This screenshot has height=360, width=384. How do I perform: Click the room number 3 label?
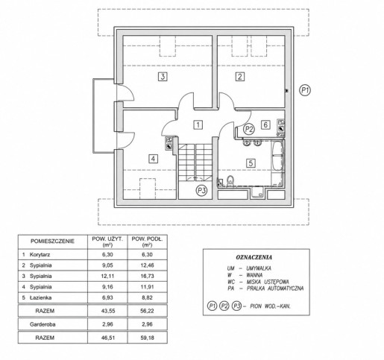pos(163,77)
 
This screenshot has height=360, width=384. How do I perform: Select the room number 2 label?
pos(240,77)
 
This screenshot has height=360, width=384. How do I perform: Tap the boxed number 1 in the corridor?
pos(198,124)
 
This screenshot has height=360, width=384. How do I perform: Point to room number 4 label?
pos(153,159)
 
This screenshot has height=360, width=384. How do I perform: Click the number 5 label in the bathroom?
pos(251,163)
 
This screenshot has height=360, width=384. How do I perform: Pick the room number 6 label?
pos(265,124)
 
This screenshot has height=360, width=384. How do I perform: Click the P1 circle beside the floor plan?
pos(305,90)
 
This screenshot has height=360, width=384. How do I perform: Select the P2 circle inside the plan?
pos(249,129)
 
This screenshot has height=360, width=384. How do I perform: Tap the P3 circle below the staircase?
pos(201,191)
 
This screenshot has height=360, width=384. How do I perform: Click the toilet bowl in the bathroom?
pos(230,180)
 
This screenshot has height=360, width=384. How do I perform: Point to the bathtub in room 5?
pos(277,156)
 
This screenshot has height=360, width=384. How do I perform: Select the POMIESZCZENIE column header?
pos(52,241)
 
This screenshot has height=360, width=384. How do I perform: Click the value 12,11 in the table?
pos(107,276)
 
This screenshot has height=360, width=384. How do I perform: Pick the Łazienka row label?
pos(41,297)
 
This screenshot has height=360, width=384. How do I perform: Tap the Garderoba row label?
pos(43,324)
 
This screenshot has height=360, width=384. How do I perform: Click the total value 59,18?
pos(147,338)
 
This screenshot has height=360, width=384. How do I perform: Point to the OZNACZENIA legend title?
pos(254,257)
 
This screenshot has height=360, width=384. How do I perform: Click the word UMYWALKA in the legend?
pos(259,268)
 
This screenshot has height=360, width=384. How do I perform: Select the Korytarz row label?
pos(40,255)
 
